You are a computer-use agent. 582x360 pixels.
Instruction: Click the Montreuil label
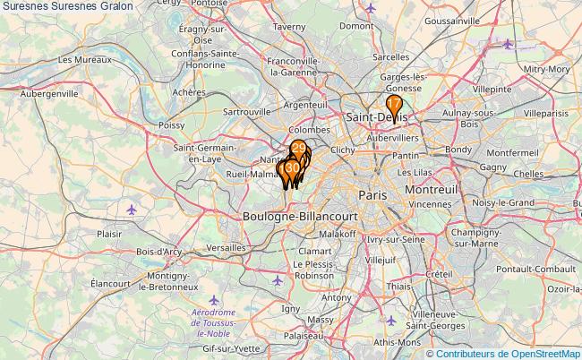(431, 191)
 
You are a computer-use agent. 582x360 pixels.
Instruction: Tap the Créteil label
(438, 273)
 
